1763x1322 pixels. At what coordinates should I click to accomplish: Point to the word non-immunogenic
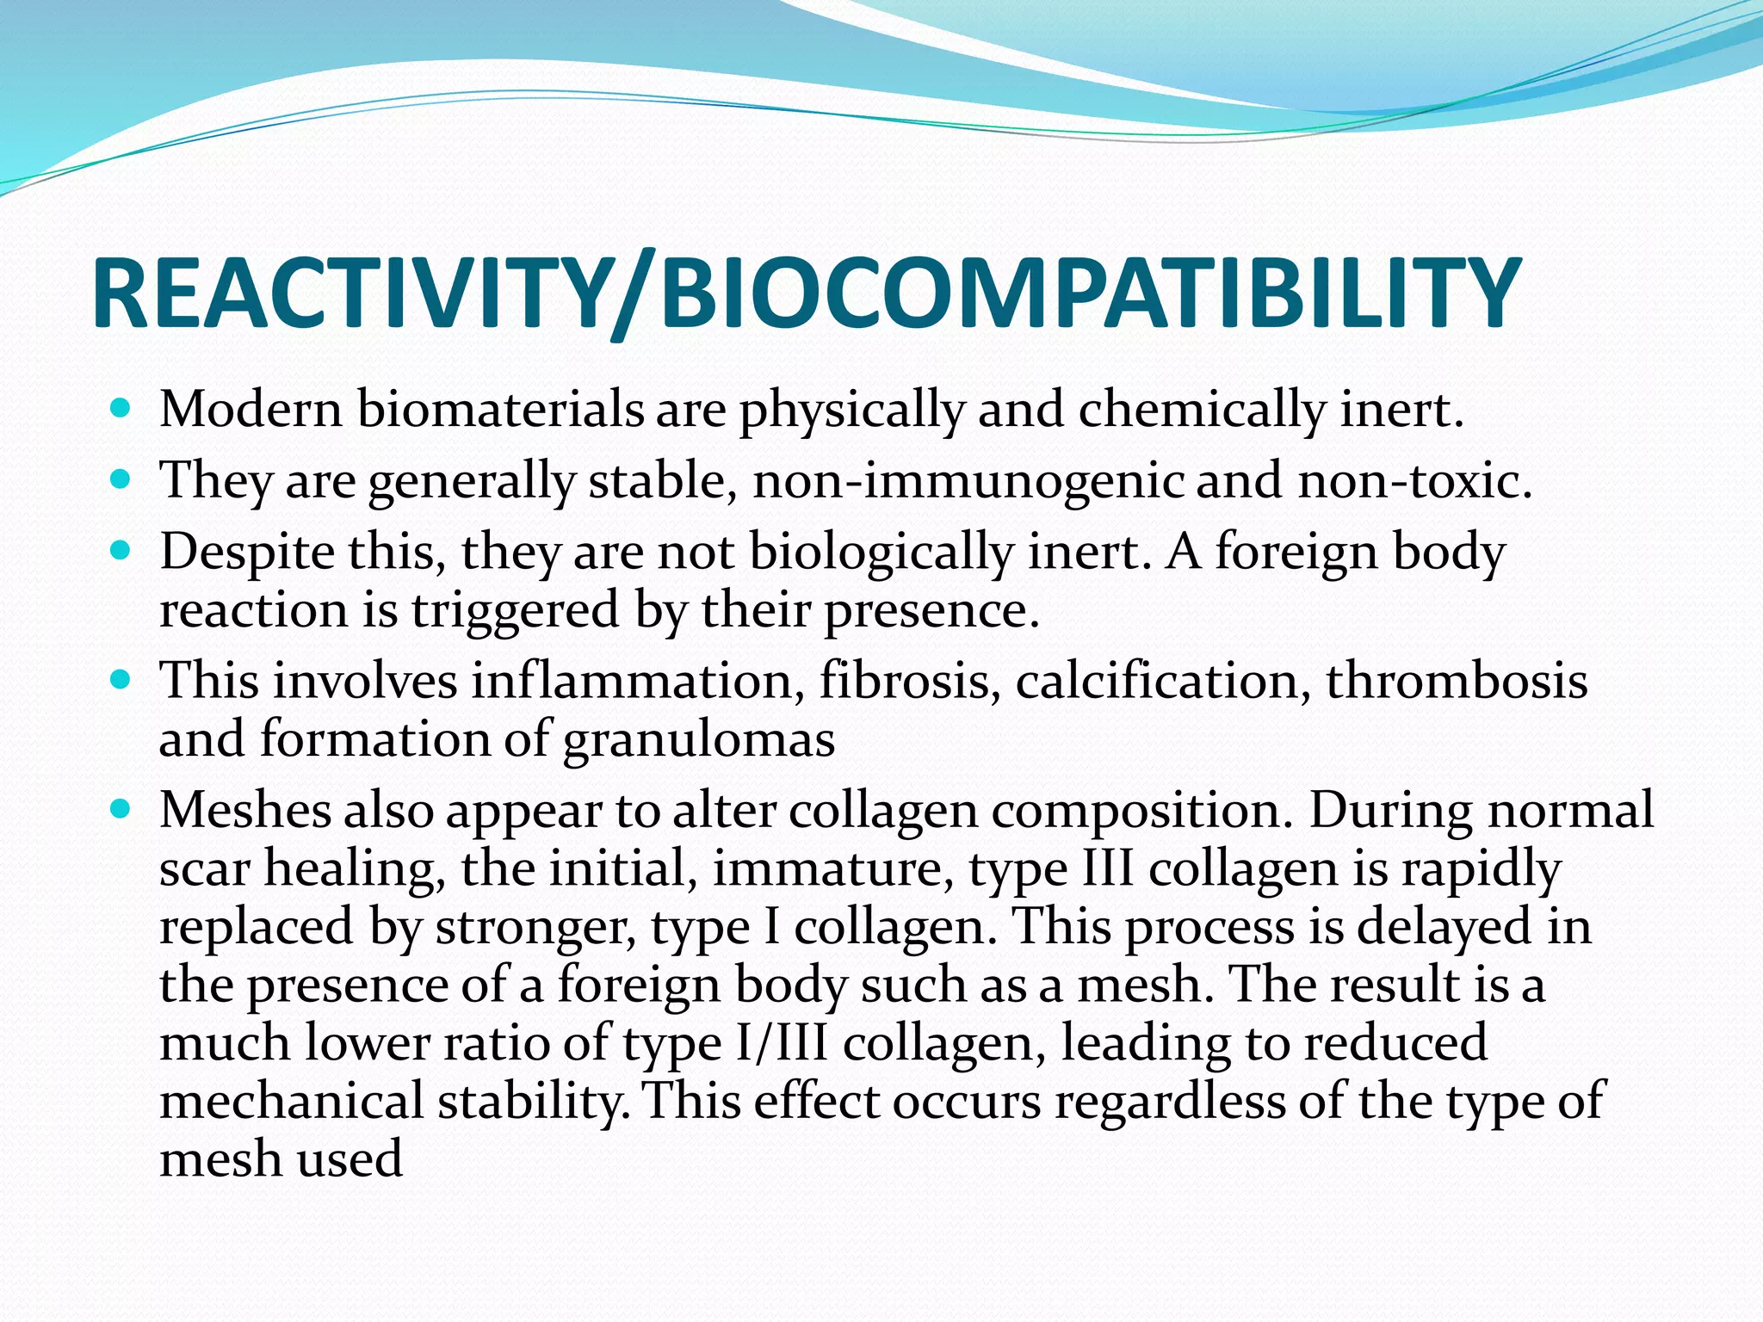pyautogui.click(x=968, y=480)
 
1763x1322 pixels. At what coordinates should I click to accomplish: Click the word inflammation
pyautogui.click(x=632, y=681)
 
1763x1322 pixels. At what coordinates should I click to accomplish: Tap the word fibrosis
pyautogui.click(x=909, y=681)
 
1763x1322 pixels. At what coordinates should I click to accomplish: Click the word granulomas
pyautogui.click(x=698, y=740)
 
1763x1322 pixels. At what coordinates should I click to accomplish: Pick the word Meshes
pyautogui.click(x=245, y=811)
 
